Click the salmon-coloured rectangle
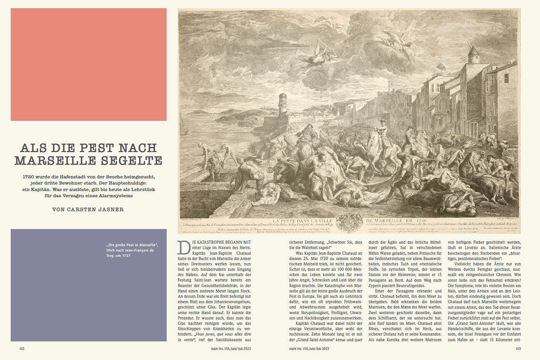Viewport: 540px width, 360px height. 89,64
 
